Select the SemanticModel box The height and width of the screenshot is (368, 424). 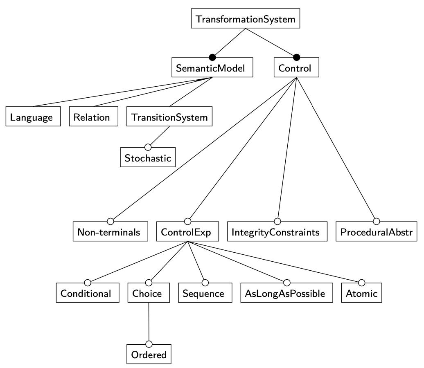click(212, 69)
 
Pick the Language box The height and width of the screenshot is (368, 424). click(32, 118)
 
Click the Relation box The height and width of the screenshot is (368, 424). click(92, 118)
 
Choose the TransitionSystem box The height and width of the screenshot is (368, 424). click(169, 118)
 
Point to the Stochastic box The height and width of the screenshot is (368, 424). click(148, 158)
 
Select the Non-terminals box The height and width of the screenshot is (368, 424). click(110, 232)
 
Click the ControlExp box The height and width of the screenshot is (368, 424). click(187, 232)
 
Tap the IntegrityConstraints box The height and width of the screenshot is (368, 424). click(277, 232)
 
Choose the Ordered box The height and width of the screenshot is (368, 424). click(149, 354)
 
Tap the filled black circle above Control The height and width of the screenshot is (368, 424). click(298, 57)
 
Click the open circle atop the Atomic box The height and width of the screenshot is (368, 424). click(361, 282)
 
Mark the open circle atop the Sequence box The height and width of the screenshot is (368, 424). click(205, 282)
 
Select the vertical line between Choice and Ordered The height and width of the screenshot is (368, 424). click(149, 323)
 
